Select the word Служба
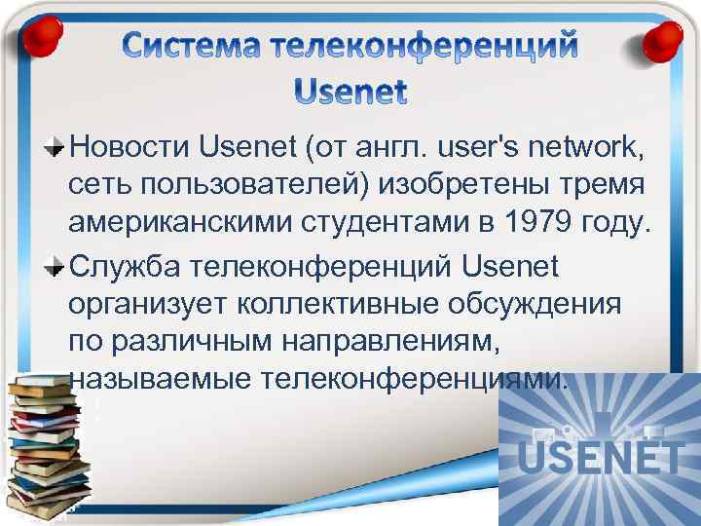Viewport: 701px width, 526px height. pyautogui.click(x=126, y=264)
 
